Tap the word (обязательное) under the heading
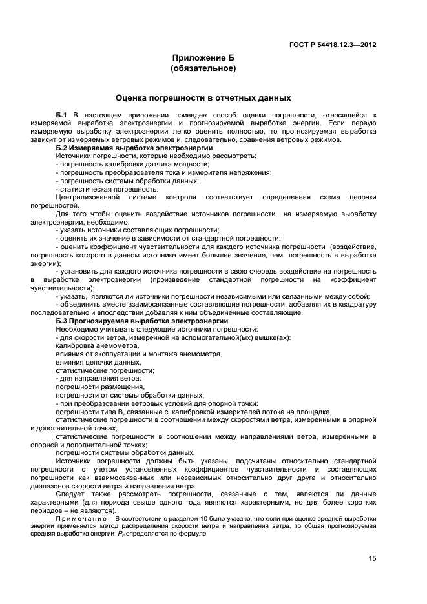pos(203,68)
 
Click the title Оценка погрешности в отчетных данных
pos(203,98)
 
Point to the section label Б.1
pos(62,115)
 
